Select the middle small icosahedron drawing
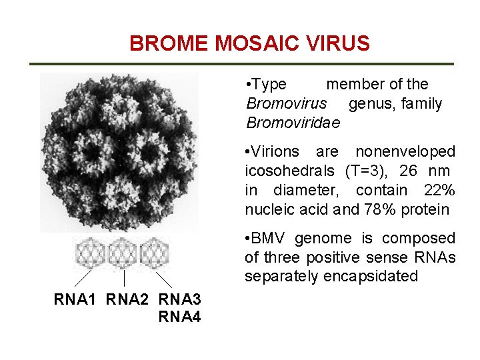click(123, 253)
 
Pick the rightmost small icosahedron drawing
click(155, 253)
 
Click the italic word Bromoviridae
click(293, 123)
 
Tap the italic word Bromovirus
click(287, 104)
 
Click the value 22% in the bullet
click(440, 191)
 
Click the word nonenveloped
click(405, 152)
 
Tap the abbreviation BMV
click(269, 239)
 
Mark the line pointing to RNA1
click(83, 278)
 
